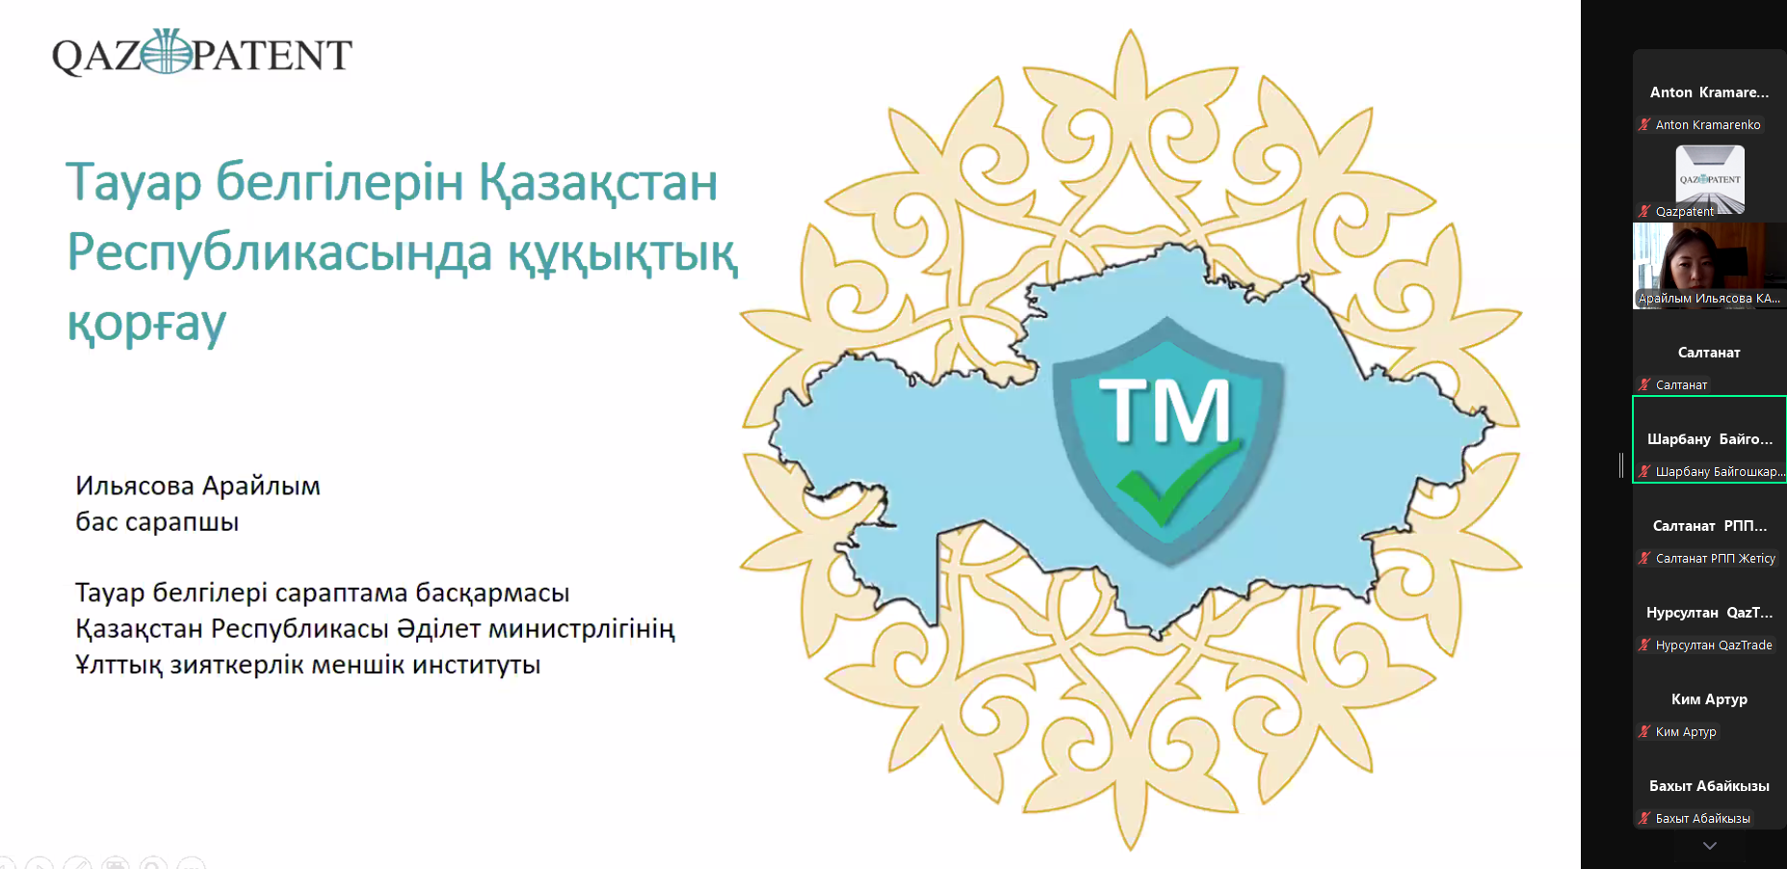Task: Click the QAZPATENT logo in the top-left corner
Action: tap(201, 53)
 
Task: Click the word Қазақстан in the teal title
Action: tap(598, 181)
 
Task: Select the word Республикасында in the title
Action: tap(279, 252)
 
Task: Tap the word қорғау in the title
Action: tap(146, 325)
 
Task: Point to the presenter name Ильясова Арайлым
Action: tap(197, 486)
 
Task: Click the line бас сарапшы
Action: tap(157, 522)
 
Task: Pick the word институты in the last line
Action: tap(477, 665)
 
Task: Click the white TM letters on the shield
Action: tap(1165, 410)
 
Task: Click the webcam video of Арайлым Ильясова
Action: tap(1709, 266)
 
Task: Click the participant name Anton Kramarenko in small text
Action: tap(1708, 125)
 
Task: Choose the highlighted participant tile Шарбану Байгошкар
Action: tap(1710, 439)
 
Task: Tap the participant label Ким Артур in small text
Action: tap(1686, 732)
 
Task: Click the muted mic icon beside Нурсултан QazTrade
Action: tap(1644, 645)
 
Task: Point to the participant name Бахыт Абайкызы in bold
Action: tap(1709, 786)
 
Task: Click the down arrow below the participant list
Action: tap(1710, 846)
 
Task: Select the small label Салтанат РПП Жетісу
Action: tap(1716, 559)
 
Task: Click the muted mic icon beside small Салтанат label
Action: tap(1644, 384)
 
